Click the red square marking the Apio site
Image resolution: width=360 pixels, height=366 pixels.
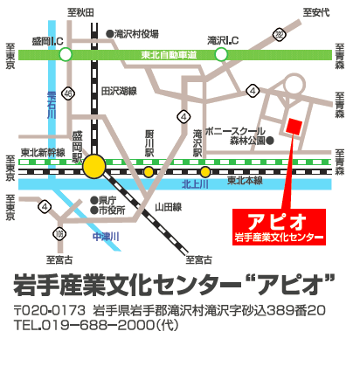(294, 126)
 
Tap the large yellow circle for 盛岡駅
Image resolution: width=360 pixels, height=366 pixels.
(93, 165)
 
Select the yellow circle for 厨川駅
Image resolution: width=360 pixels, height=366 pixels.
(149, 172)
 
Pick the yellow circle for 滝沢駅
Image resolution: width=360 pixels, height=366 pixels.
(204, 172)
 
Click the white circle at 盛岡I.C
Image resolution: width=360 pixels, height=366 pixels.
(66, 55)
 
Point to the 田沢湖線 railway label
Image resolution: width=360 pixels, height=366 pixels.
(119, 91)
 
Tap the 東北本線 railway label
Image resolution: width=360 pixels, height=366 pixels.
(245, 182)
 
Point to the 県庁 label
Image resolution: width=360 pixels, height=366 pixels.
(111, 199)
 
